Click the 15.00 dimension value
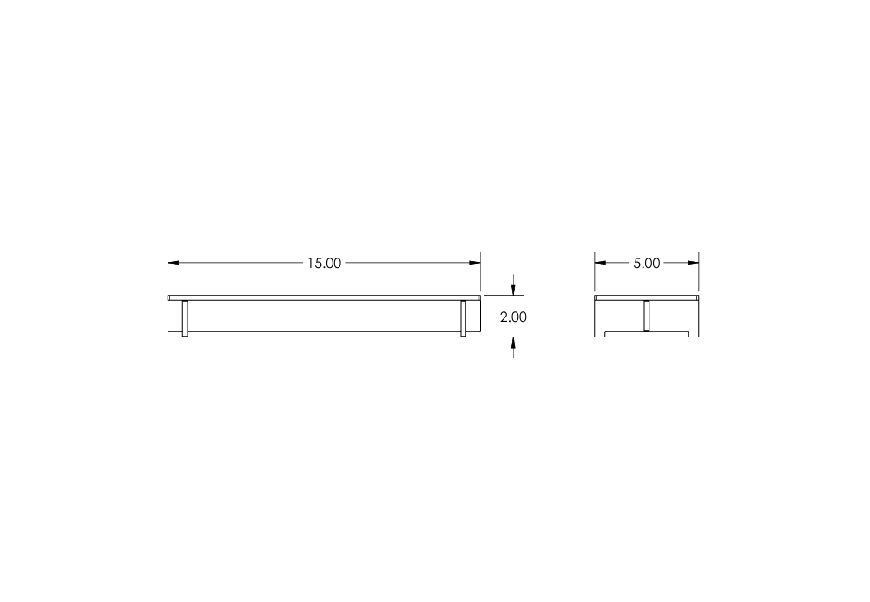[x=325, y=264]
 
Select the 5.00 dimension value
[x=646, y=264]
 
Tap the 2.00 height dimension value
[x=513, y=317]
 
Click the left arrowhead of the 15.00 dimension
[x=174, y=263]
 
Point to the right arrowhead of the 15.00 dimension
[x=475, y=263]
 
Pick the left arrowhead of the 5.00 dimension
[x=600, y=263]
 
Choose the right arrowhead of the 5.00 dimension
[x=693, y=263]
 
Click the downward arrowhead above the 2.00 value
[x=513, y=290]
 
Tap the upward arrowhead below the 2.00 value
[x=513, y=342]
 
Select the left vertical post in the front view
[x=185, y=318]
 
